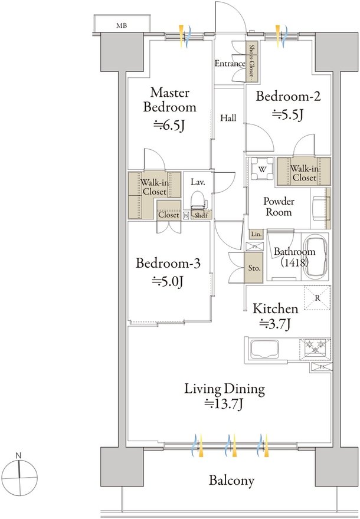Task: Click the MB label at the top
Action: (122, 25)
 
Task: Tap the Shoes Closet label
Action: (252, 61)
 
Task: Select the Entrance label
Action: (230, 63)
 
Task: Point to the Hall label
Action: (228, 118)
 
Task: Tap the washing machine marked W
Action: (262, 168)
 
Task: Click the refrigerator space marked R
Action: (318, 298)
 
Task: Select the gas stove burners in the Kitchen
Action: (315, 349)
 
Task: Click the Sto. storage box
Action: (254, 268)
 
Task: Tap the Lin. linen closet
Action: (256, 234)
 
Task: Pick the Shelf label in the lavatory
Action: (201, 215)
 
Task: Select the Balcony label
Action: (231, 480)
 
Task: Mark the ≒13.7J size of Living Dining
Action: (224, 404)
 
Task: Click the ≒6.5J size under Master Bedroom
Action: (169, 125)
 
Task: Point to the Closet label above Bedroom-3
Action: (169, 215)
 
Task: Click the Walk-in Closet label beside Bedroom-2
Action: (304, 173)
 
